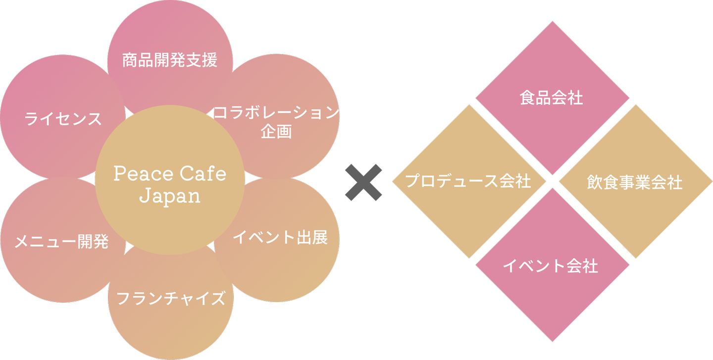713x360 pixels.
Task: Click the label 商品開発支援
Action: click(170, 61)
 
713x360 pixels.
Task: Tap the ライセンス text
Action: click(63, 119)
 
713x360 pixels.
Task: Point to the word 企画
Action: click(276, 132)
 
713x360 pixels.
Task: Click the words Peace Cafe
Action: click(170, 174)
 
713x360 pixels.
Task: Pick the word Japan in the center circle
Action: click(170, 196)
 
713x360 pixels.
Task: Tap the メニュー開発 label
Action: click(61, 242)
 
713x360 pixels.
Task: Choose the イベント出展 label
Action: click(280, 238)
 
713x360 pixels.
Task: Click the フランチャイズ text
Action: click(171, 299)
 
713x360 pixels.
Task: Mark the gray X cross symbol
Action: click(363, 183)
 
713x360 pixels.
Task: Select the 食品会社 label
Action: click(552, 98)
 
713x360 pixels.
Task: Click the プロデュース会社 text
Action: click(468, 181)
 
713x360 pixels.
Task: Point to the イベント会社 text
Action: click(551, 266)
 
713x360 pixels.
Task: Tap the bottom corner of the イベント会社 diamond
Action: click(553, 341)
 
